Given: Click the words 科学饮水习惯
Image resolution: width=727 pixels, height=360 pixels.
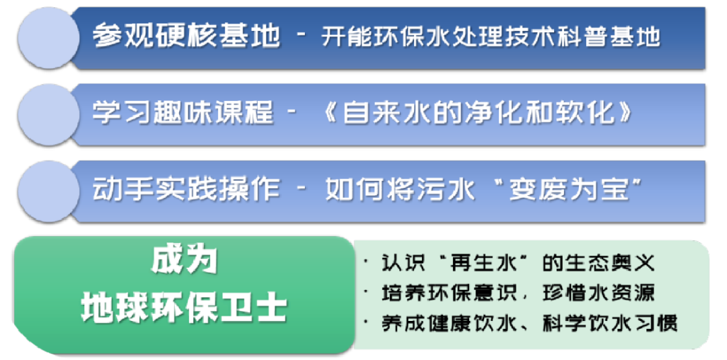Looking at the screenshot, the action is point(609,323).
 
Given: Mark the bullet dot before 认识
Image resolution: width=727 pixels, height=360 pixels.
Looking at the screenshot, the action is point(365,261).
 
